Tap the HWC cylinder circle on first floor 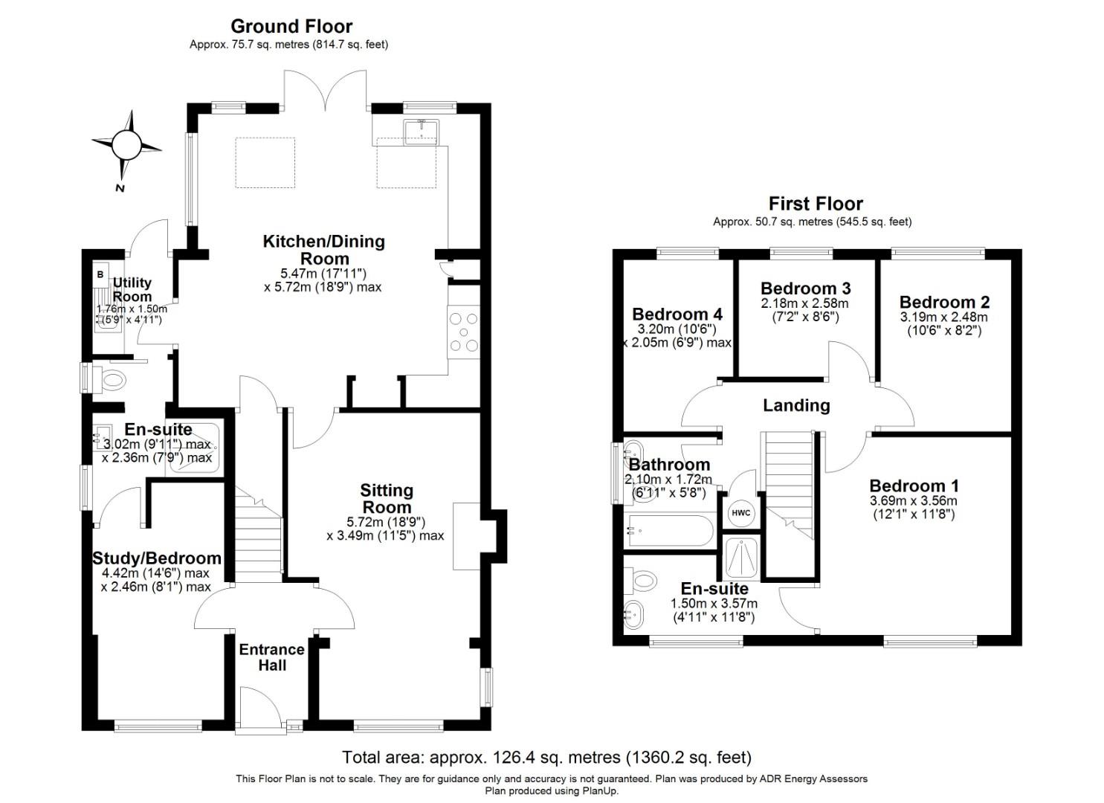click(x=741, y=513)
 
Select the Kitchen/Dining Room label click(x=324, y=250)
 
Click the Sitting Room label click(x=387, y=498)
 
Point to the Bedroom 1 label click(x=914, y=486)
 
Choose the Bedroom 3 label click(x=805, y=288)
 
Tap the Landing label click(x=796, y=405)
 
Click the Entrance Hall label click(x=272, y=657)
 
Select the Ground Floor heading click(x=291, y=26)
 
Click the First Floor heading click(x=816, y=204)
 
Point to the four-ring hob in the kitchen click(x=464, y=332)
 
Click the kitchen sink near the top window click(x=421, y=132)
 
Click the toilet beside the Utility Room click(x=112, y=381)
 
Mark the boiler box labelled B click(x=100, y=274)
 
